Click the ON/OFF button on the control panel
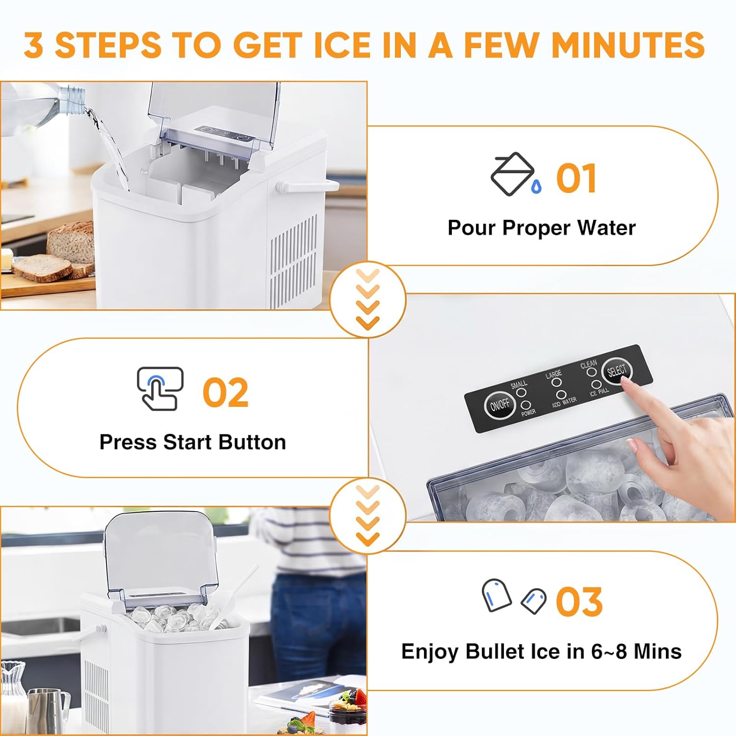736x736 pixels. point(499,405)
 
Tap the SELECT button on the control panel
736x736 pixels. point(617,371)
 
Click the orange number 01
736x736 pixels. point(576,179)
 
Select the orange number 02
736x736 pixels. point(225,393)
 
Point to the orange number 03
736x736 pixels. point(578,602)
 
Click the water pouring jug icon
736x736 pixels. point(513,175)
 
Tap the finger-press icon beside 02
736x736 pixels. point(159,389)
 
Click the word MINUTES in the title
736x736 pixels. point(628,45)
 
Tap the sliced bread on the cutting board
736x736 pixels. point(42,267)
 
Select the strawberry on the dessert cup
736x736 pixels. point(361,696)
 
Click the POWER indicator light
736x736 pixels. point(526,405)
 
